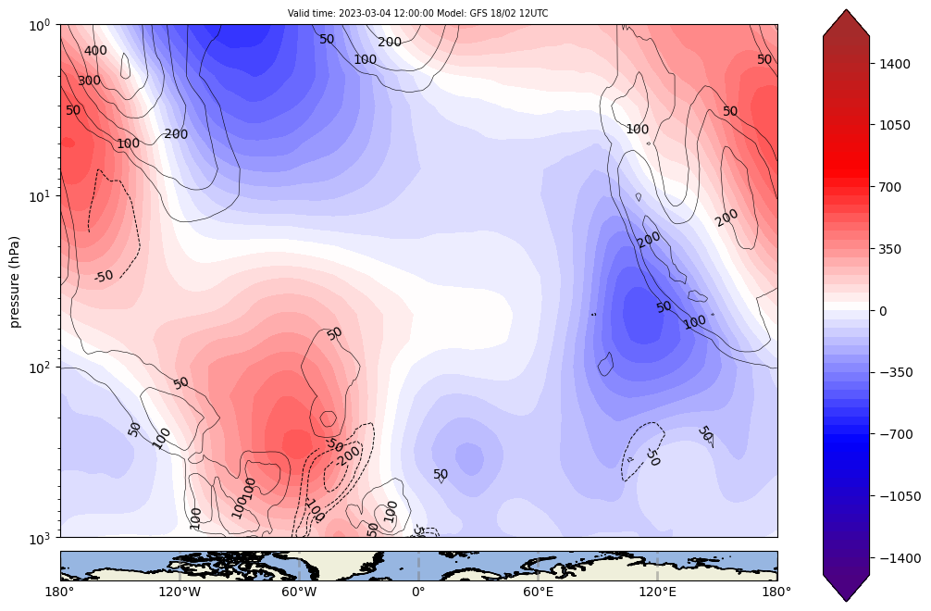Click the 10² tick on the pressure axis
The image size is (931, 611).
(42, 368)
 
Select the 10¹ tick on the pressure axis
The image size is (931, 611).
(42, 196)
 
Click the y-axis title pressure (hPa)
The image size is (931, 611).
(15, 280)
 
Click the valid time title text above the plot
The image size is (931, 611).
(418, 14)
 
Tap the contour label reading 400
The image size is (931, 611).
(95, 51)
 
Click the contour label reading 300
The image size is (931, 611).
(89, 81)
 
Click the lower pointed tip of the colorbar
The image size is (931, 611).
(846, 600)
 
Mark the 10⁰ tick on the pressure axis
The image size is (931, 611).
(42, 25)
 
